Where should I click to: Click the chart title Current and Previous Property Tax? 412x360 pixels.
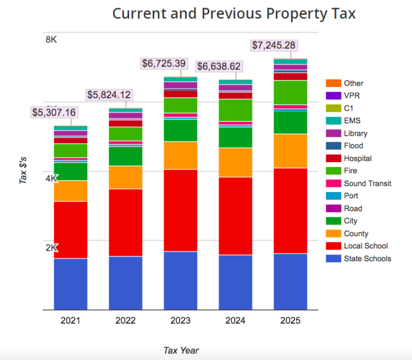click(x=233, y=13)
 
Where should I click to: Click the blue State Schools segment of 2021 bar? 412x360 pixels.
click(x=70, y=284)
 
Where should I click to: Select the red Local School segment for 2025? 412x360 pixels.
click(x=290, y=210)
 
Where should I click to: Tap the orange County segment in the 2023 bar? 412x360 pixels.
click(x=180, y=156)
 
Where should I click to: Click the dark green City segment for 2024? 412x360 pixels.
click(x=236, y=137)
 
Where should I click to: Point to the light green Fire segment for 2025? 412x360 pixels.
click(x=290, y=92)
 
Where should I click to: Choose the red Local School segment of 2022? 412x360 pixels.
click(x=126, y=222)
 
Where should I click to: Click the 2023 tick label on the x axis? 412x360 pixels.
click(x=180, y=321)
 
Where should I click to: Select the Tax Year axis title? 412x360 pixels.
click(x=181, y=350)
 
